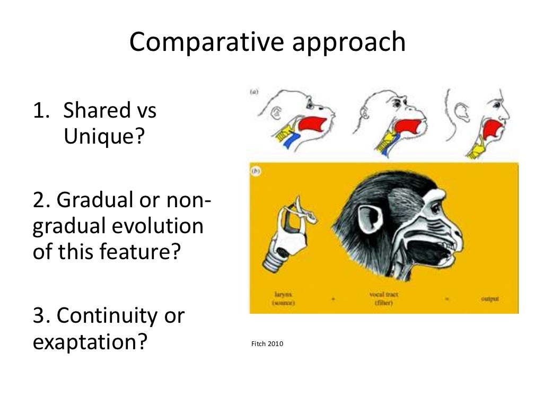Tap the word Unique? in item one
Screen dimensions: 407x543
(104, 137)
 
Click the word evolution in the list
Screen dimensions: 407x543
(158, 227)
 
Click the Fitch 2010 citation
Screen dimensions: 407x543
(267, 344)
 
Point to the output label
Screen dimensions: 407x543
(489, 299)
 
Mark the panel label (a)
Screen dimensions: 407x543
(254, 92)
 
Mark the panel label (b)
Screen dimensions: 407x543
(255, 171)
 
